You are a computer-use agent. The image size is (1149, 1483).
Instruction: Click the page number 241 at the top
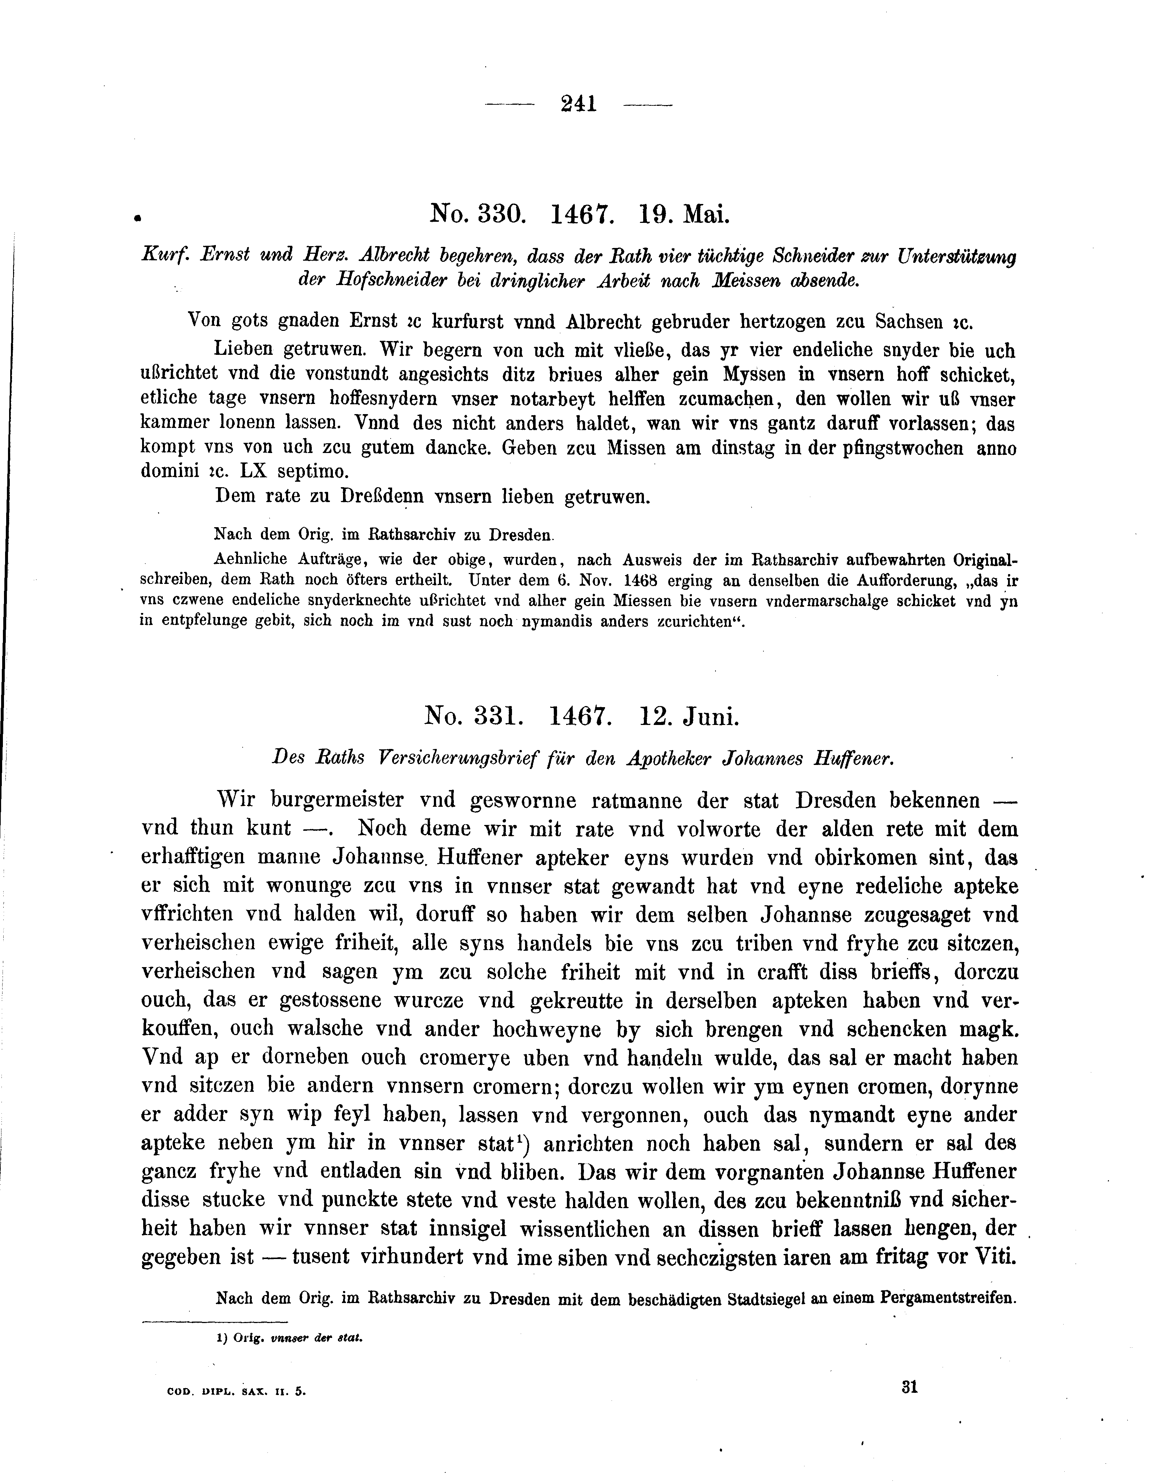578,104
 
